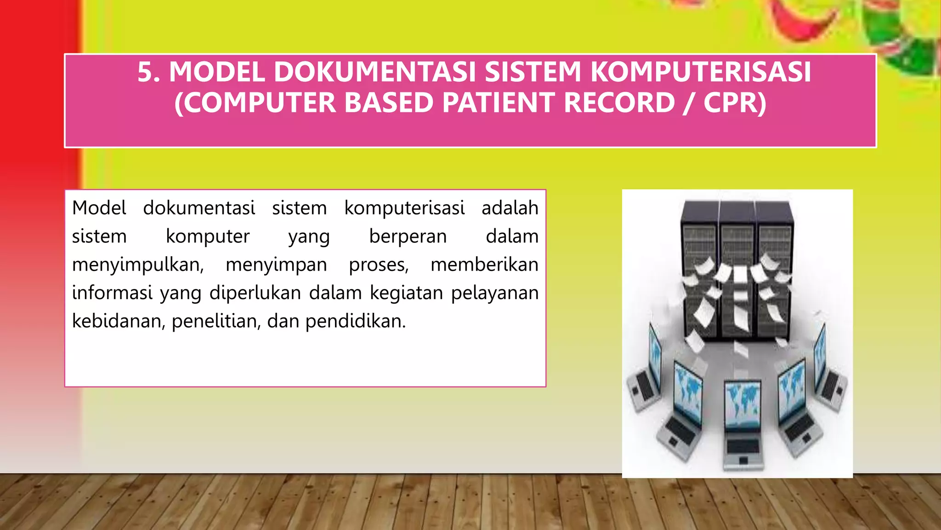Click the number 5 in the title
(x=146, y=73)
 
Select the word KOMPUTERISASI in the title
(x=700, y=73)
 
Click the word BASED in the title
(x=389, y=103)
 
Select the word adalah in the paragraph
(x=510, y=208)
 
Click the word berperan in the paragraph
(x=408, y=236)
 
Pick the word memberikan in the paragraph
(x=484, y=265)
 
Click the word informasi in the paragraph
(x=112, y=293)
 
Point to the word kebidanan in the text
(x=119, y=321)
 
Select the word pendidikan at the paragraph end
(x=355, y=321)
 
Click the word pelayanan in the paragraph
(x=494, y=293)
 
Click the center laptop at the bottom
(x=742, y=423)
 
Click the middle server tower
(x=737, y=271)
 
